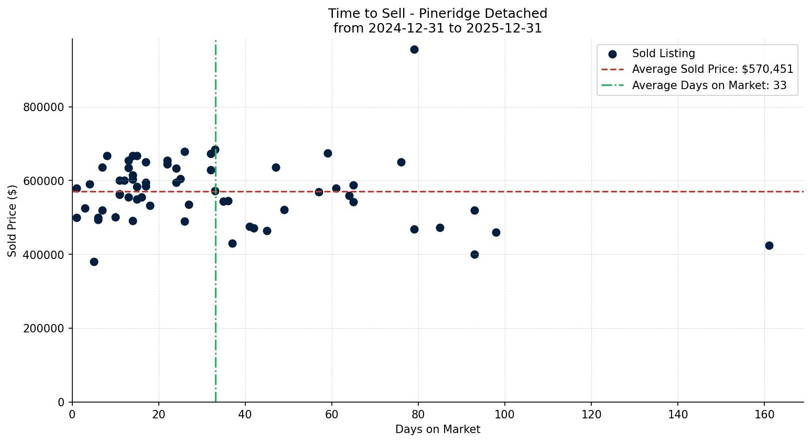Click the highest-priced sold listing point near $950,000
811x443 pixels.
pyautogui.click(x=414, y=49)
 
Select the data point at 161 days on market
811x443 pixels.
pyautogui.click(x=769, y=245)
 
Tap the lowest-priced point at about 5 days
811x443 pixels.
pyautogui.click(x=94, y=262)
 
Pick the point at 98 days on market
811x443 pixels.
pyautogui.click(x=496, y=232)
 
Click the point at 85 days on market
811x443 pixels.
pyautogui.click(x=440, y=228)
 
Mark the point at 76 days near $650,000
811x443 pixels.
pyautogui.click(x=401, y=162)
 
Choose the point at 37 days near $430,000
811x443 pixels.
pyautogui.click(x=232, y=243)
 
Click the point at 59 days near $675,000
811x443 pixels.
pyautogui.click(x=328, y=153)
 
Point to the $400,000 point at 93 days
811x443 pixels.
pyautogui.click(x=474, y=254)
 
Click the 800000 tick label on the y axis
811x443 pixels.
pyautogui.click(x=44, y=107)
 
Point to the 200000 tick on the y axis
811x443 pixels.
pyautogui.click(x=44, y=329)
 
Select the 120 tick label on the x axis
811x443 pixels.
pyautogui.click(x=591, y=414)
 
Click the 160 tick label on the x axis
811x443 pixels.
pyautogui.click(x=764, y=414)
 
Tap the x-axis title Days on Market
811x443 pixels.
pyautogui.click(x=438, y=429)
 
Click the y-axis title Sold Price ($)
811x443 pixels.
pyautogui.click(x=12, y=221)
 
